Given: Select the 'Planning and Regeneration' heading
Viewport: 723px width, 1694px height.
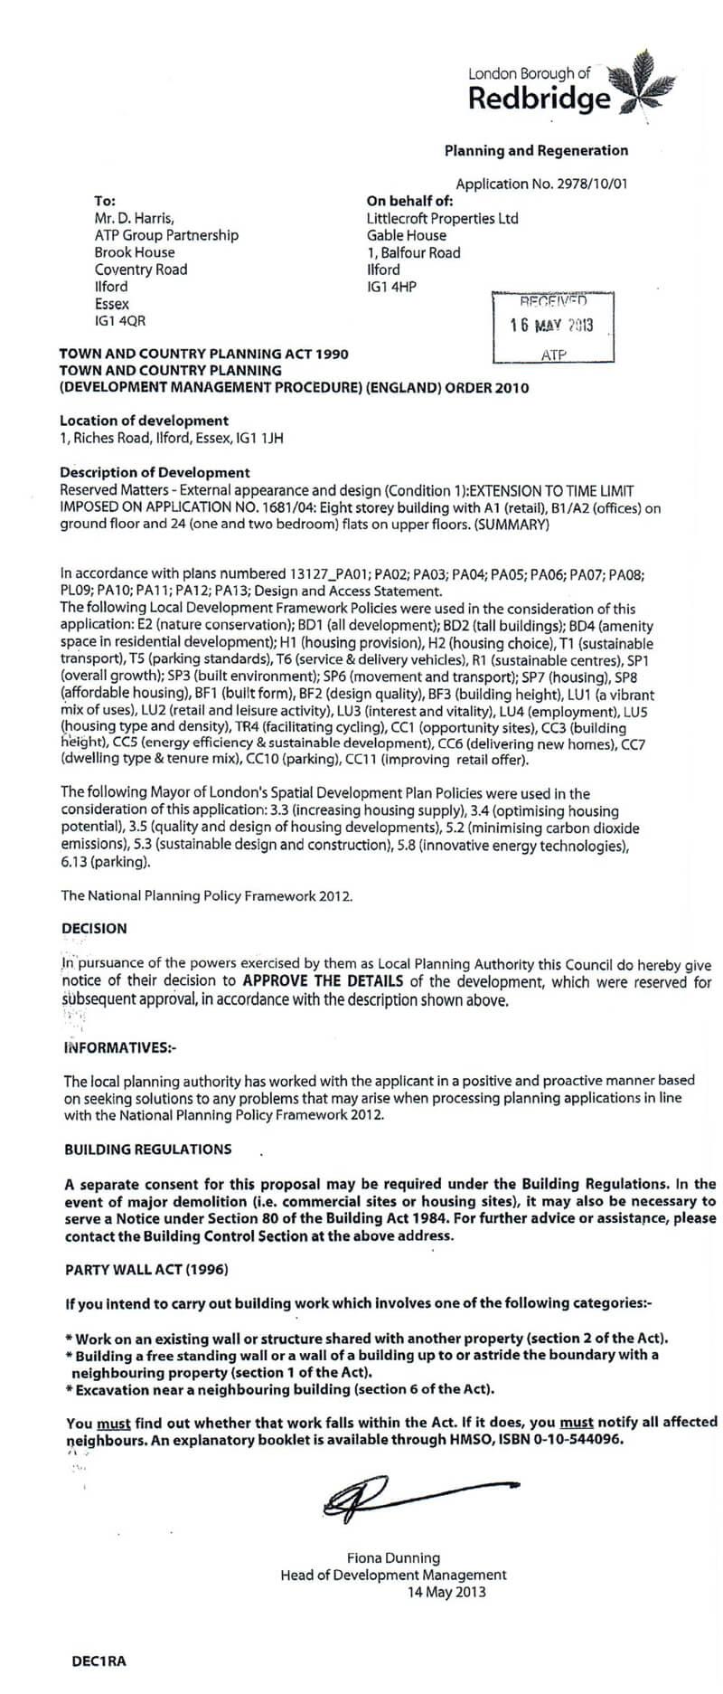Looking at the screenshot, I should pos(536,151).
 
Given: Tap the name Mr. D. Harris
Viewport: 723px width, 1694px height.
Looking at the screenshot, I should pos(135,218).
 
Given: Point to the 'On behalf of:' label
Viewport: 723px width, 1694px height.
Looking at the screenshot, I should pos(409,201).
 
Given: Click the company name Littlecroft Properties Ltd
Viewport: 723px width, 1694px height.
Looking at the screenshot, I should pos(442,218).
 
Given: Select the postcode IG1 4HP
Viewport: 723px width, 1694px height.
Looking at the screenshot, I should pos(391,287).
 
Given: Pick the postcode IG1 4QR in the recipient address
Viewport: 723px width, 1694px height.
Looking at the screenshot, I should pos(119,321).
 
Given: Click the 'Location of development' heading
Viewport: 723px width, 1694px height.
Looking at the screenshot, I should pos(144,421).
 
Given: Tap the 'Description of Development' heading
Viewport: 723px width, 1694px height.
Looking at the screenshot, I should pos(155,472).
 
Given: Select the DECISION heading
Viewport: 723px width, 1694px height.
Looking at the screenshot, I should pos(94,928).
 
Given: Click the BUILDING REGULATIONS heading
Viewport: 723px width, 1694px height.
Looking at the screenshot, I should pos(147,1150).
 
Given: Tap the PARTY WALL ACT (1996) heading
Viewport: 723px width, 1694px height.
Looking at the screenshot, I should pos(146,1269).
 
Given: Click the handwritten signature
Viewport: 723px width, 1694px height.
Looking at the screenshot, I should pos(407,1497).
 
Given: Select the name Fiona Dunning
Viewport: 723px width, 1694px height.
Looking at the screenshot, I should pos(393,1557).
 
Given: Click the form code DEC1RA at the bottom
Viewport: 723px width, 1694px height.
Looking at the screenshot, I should pos(99,1661).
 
